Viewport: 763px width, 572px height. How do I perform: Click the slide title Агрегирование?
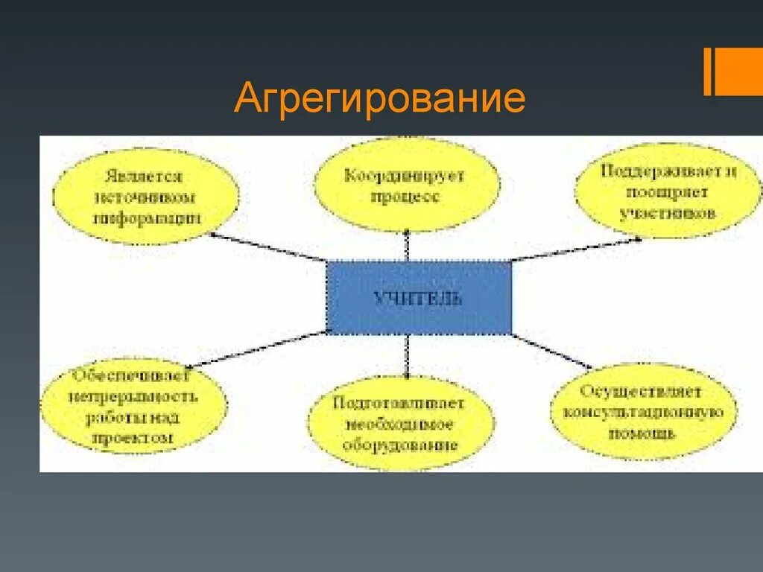click(379, 99)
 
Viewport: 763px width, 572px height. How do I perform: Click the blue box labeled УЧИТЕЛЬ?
click(419, 298)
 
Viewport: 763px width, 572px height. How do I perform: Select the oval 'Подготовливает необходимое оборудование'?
click(400, 423)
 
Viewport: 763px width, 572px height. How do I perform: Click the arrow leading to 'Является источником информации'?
click(268, 247)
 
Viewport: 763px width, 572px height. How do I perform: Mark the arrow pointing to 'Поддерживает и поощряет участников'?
click(574, 250)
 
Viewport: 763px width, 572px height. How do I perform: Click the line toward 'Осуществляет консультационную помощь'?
click(551, 351)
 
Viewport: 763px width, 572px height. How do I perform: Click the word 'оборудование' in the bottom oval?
click(400, 445)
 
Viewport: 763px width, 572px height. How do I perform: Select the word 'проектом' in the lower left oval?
click(133, 439)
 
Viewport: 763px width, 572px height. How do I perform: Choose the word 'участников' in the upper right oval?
click(668, 213)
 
